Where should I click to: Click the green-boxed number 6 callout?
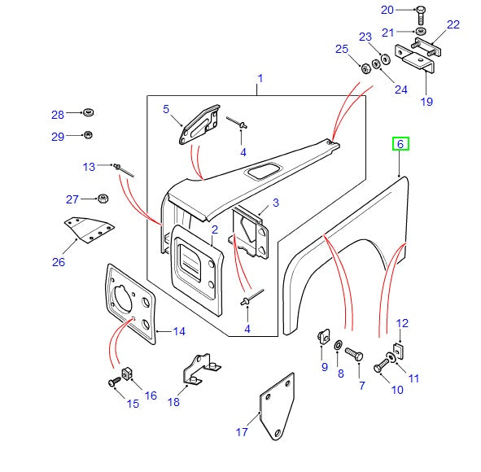(400, 144)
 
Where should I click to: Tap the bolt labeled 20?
(421, 15)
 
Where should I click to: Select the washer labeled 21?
(421, 31)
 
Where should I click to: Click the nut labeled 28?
(89, 112)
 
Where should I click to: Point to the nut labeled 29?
(88, 135)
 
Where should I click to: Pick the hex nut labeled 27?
(103, 199)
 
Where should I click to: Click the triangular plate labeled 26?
(89, 229)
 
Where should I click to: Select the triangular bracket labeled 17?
(277, 406)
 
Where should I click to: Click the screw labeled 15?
(115, 382)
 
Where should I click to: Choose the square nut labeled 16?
(127, 374)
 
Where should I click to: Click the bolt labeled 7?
(354, 354)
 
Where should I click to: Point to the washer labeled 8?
(339, 345)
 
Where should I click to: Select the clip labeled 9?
(323, 336)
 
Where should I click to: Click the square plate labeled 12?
(399, 352)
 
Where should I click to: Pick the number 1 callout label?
(260, 78)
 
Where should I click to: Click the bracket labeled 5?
(199, 124)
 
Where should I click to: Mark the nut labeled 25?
(365, 68)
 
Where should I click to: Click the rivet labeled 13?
(124, 170)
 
